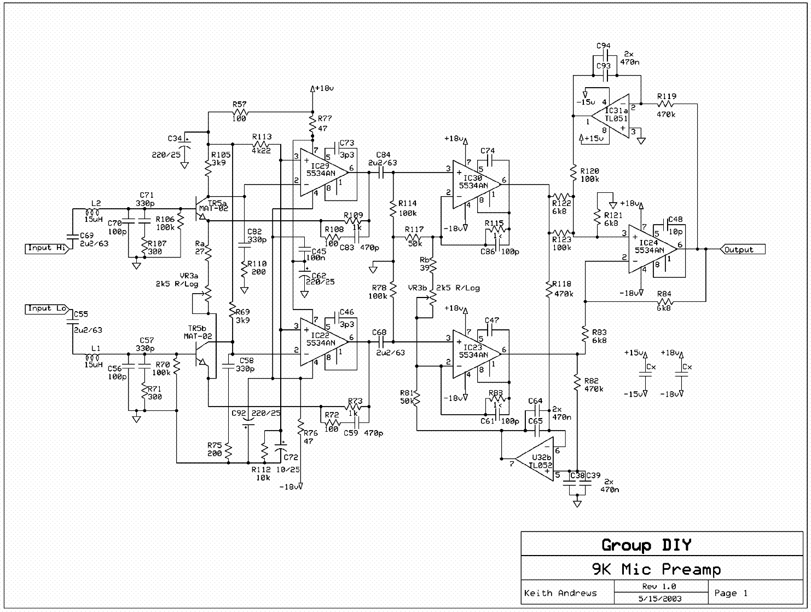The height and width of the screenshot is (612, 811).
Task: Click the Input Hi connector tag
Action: coord(47,248)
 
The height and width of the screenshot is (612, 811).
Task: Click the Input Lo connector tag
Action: coord(47,309)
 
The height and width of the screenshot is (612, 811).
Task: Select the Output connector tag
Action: coord(742,250)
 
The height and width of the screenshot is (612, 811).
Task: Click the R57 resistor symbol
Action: coord(240,112)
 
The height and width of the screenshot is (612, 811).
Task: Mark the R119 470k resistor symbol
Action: coord(666,104)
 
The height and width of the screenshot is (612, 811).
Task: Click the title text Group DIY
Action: coord(646,545)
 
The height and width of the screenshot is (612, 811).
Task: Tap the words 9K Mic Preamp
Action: coord(656,569)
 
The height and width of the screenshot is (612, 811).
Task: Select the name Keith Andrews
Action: coord(560,593)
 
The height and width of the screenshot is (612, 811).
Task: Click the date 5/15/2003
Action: coord(660,599)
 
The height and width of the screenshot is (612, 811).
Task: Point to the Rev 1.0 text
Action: coord(659,586)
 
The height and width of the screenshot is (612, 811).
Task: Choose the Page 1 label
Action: coord(731,593)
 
